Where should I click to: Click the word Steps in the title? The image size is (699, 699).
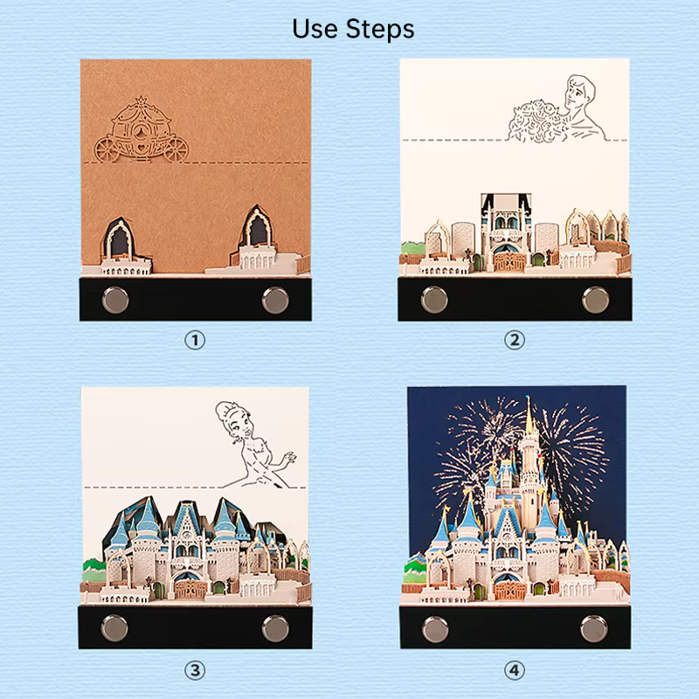tap(380, 30)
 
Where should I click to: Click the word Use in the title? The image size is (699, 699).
tap(315, 29)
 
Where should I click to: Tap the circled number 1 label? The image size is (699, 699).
tap(195, 341)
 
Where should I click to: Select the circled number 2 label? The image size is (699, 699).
tap(515, 341)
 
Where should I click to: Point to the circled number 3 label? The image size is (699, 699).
tap(195, 670)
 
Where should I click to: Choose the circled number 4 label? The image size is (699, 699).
tap(515, 670)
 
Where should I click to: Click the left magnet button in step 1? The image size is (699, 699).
tap(115, 299)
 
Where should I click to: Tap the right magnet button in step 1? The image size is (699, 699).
tap(275, 300)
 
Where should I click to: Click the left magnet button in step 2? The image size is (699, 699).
tap(434, 299)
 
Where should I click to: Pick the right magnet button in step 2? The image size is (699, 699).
tap(595, 300)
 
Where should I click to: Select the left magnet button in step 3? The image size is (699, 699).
tap(114, 628)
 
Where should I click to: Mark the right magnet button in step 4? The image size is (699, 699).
tap(594, 628)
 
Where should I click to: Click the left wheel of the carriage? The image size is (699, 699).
tap(107, 150)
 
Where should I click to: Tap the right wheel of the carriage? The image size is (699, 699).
tap(176, 150)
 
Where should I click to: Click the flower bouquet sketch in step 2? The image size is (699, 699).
tap(537, 121)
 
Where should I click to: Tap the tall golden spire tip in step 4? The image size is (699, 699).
tap(529, 398)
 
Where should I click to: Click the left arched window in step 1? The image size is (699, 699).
tap(119, 241)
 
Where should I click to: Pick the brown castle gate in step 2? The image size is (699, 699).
tap(508, 262)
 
